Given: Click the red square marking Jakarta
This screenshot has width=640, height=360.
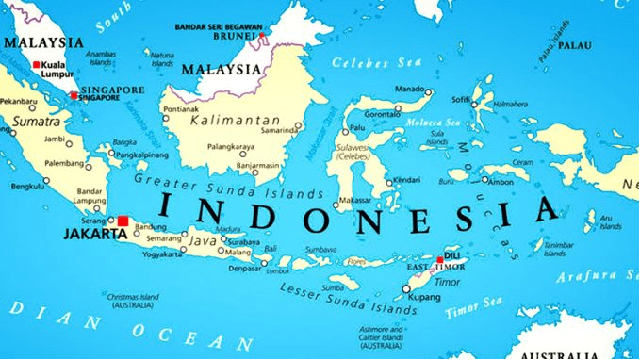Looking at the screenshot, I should click(123, 221).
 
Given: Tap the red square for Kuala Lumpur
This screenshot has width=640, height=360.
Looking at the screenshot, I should click(37, 65).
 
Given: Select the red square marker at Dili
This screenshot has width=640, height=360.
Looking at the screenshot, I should click(439, 259).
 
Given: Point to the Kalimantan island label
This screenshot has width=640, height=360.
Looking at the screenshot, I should click(235, 120).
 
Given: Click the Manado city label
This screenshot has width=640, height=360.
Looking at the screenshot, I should click(408, 90).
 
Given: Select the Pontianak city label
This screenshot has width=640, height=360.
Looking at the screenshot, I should click(181, 109).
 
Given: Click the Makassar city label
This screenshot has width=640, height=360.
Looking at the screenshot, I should click(354, 201).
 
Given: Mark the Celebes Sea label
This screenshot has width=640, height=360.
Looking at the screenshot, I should click(363, 62).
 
